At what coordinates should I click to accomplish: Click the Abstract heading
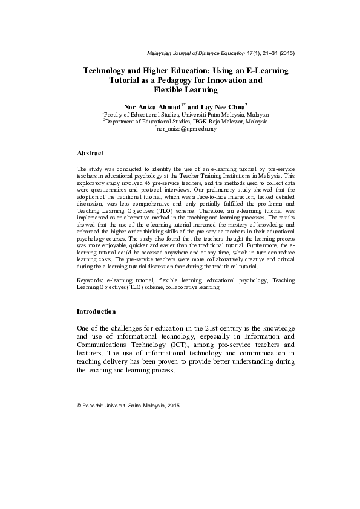click(90, 154)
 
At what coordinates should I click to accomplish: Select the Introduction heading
click(96, 311)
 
